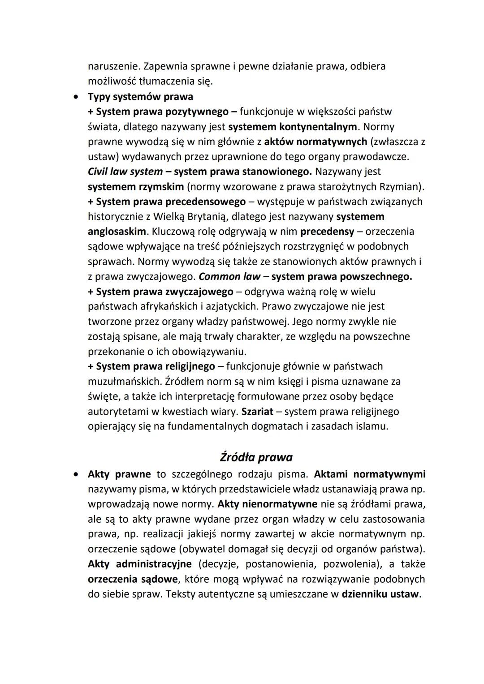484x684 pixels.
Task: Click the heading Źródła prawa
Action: click(x=256, y=457)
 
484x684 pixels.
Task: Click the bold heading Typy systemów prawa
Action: click(x=140, y=96)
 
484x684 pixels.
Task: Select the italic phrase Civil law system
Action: click(x=125, y=172)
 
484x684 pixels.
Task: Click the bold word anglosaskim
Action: click(x=117, y=232)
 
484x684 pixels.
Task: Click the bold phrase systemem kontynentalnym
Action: click(x=293, y=126)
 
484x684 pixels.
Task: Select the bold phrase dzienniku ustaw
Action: click(x=380, y=594)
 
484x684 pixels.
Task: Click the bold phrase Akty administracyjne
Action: click(x=139, y=564)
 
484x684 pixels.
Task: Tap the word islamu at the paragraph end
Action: click(x=374, y=426)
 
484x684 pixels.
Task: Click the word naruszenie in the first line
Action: click(x=113, y=66)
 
